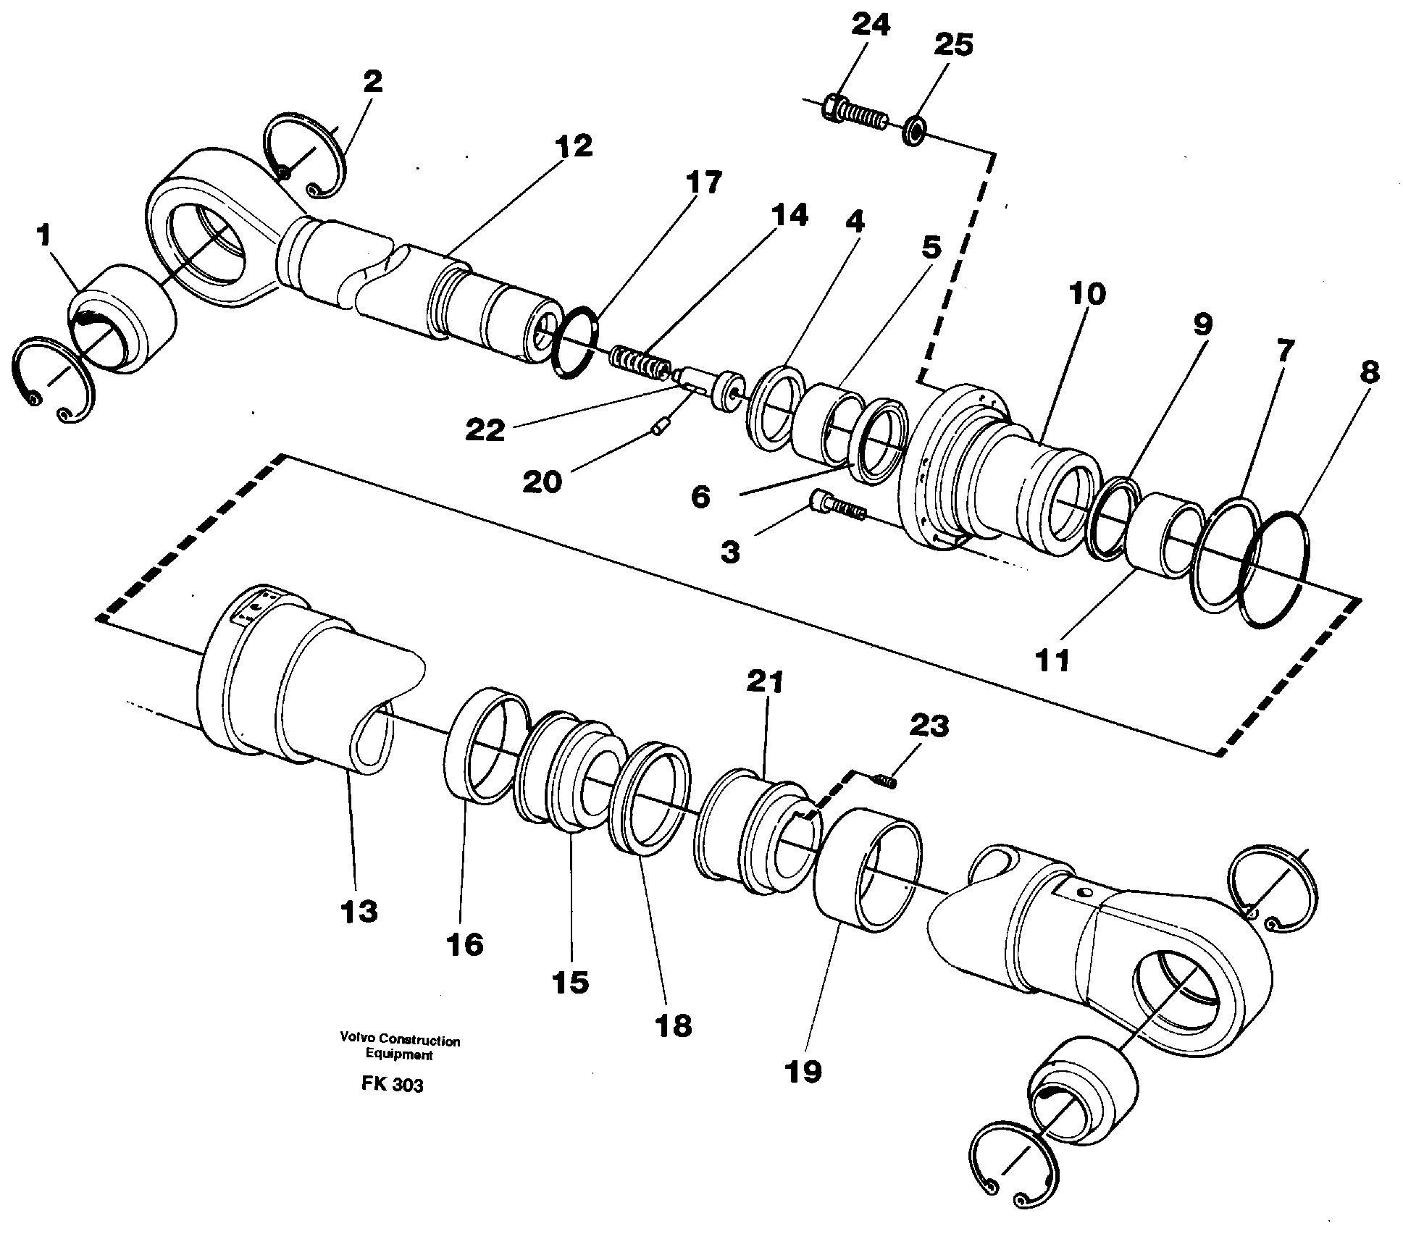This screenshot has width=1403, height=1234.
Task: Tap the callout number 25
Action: (952, 45)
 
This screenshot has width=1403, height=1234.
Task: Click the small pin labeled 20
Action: (658, 430)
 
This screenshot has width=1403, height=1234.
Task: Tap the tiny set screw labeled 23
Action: (884, 780)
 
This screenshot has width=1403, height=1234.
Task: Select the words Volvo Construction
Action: (400, 1041)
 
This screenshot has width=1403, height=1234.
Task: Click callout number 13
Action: (359, 911)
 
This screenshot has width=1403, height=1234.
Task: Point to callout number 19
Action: (803, 1071)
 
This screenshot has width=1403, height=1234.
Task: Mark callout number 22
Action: (485, 431)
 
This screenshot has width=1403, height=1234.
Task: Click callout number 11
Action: (1052, 660)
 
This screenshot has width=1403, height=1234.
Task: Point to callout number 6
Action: (700, 498)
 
